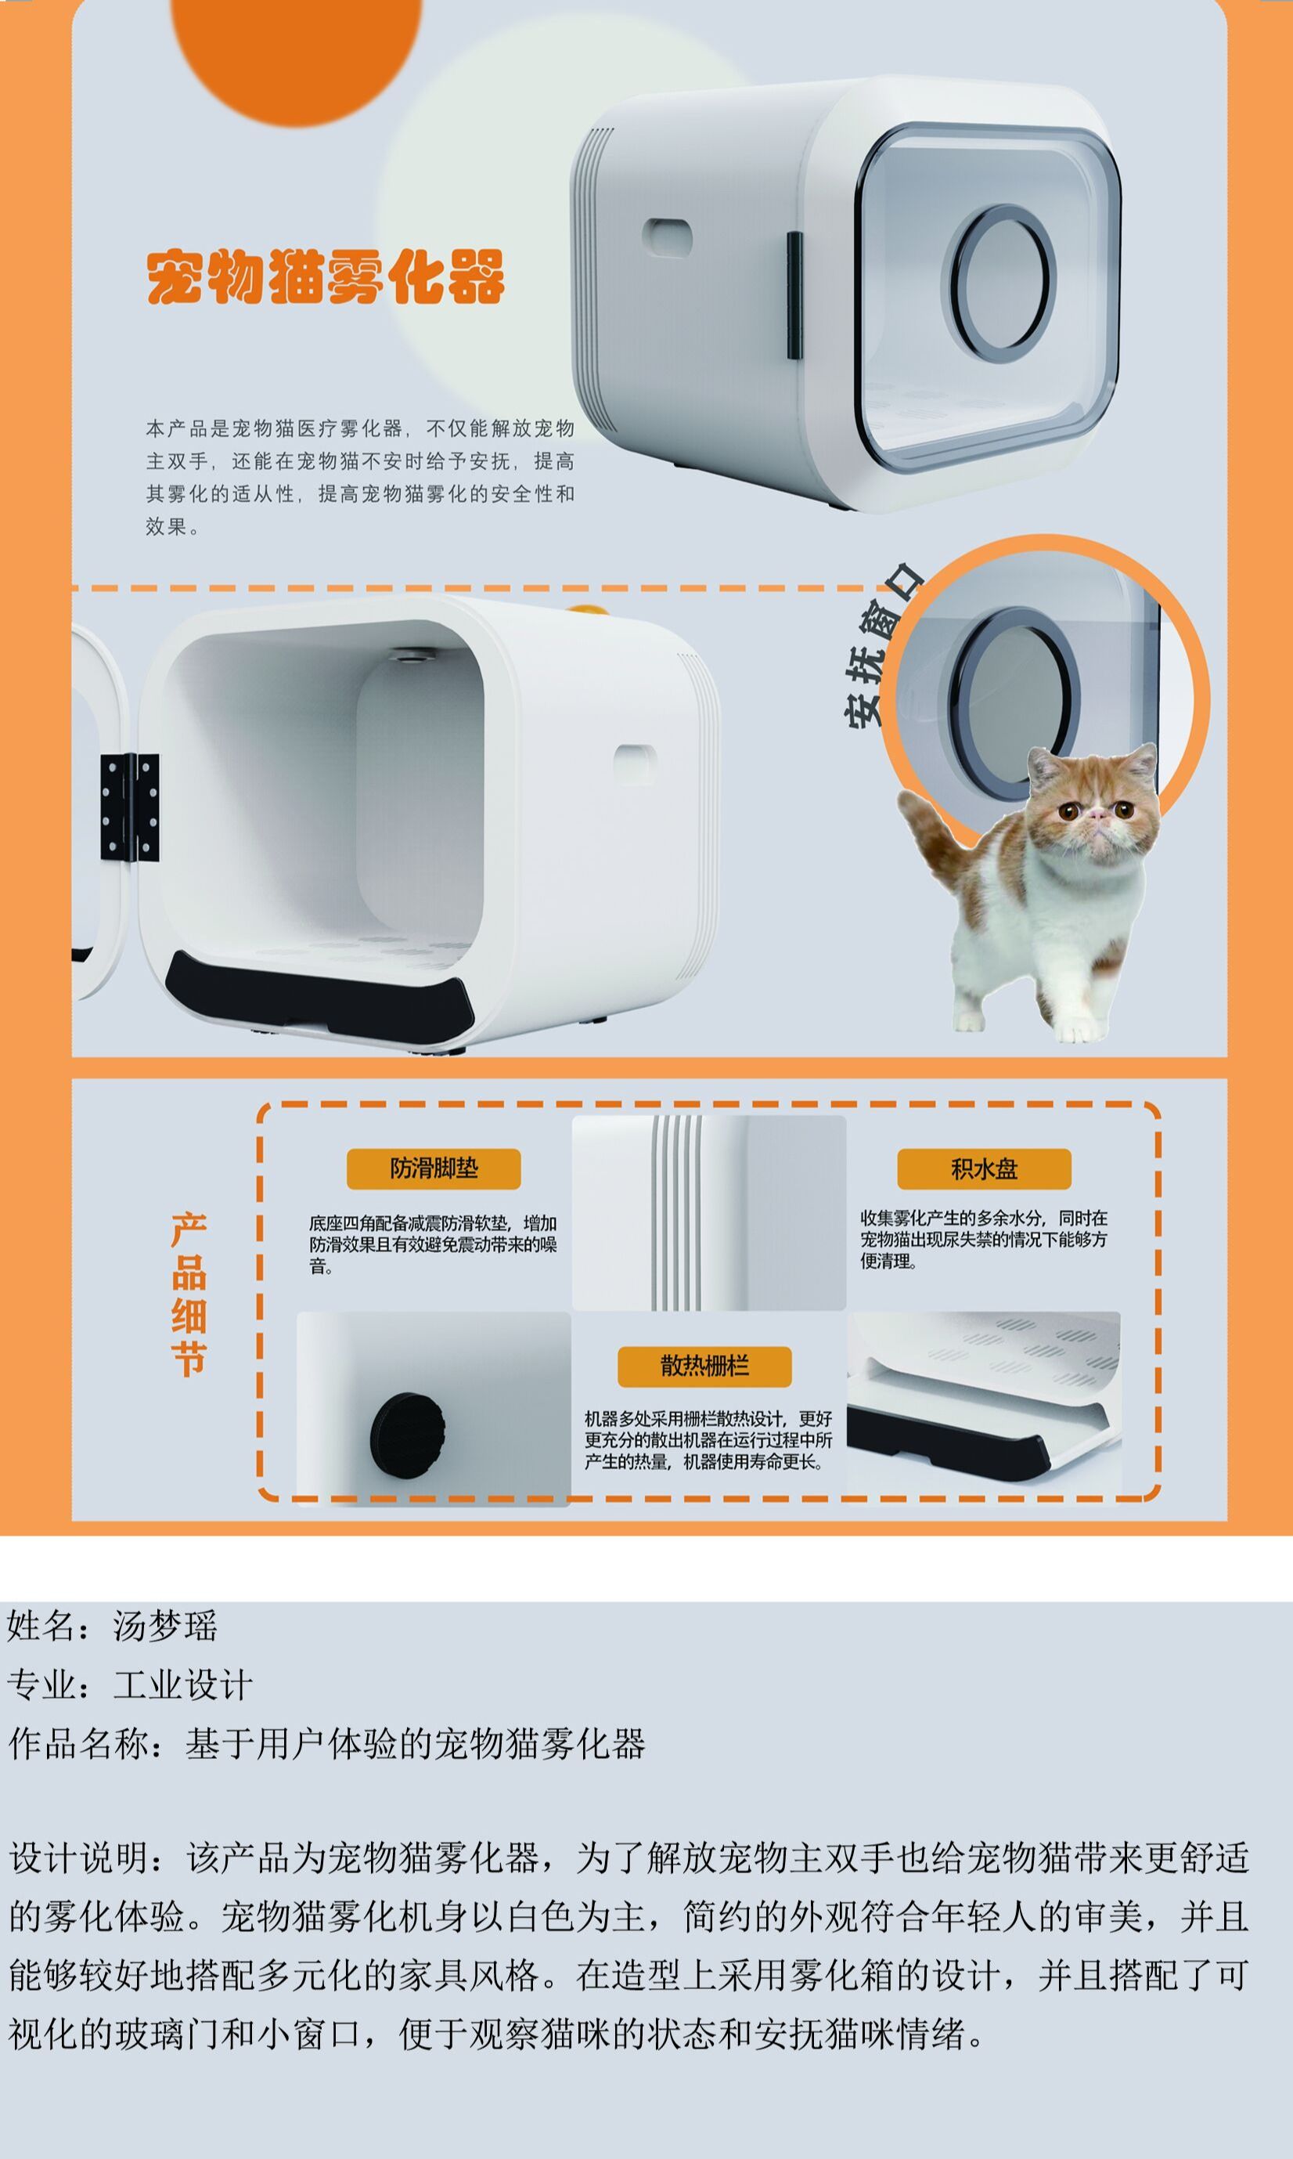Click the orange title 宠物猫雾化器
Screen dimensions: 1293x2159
pyautogui.click(x=326, y=277)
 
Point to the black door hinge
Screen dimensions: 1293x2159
pyautogui.click(x=130, y=807)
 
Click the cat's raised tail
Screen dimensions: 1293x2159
pyautogui.click(x=932, y=837)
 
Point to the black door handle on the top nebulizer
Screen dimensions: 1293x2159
pyautogui.click(x=794, y=294)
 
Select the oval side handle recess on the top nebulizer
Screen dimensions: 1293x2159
pyautogui.click(x=668, y=237)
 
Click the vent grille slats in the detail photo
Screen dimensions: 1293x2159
pyautogui.click(x=676, y=1211)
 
